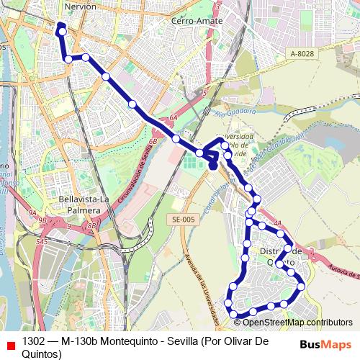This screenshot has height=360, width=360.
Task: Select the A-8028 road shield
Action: [302, 54]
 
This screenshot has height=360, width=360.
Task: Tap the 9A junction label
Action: [32, 213]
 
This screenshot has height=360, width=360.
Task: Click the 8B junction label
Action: [91, 226]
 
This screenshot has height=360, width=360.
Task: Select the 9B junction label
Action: [43, 220]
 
